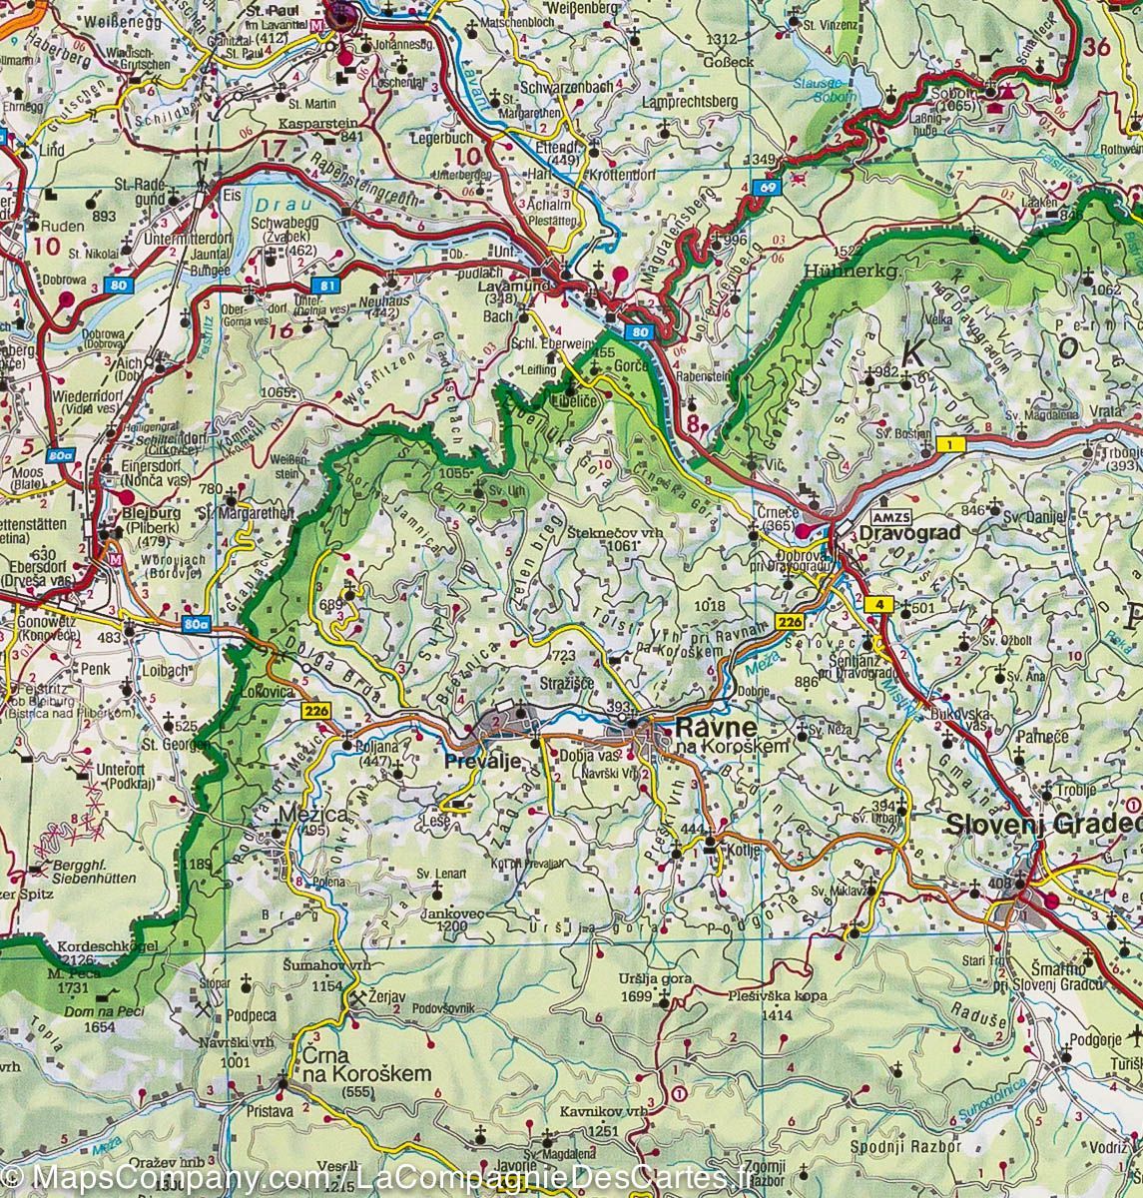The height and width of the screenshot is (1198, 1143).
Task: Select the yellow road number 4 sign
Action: click(879, 603)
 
